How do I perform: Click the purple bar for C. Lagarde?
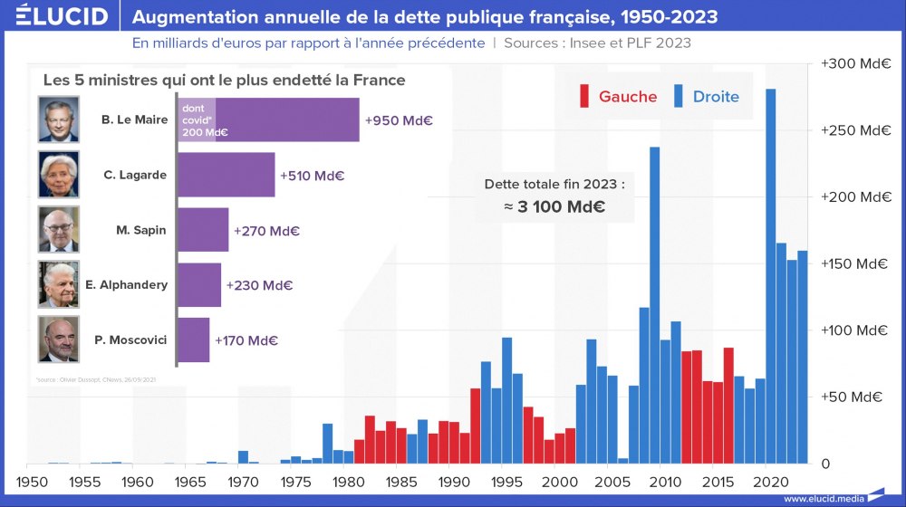click(x=226, y=175)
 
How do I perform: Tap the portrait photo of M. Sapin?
click(x=59, y=230)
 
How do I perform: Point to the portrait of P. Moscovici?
click(x=59, y=340)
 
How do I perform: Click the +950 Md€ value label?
click(x=399, y=120)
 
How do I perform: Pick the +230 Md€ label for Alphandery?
click(x=259, y=285)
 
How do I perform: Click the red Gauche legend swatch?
click(x=585, y=96)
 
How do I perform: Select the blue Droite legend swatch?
click(x=679, y=96)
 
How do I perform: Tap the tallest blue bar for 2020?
click(x=771, y=272)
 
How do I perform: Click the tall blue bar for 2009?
click(x=654, y=303)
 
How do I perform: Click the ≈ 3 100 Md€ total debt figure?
click(x=554, y=206)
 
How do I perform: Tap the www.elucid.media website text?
click(x=824, y=499)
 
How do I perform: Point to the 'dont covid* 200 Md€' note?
click(x=198, y=120)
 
